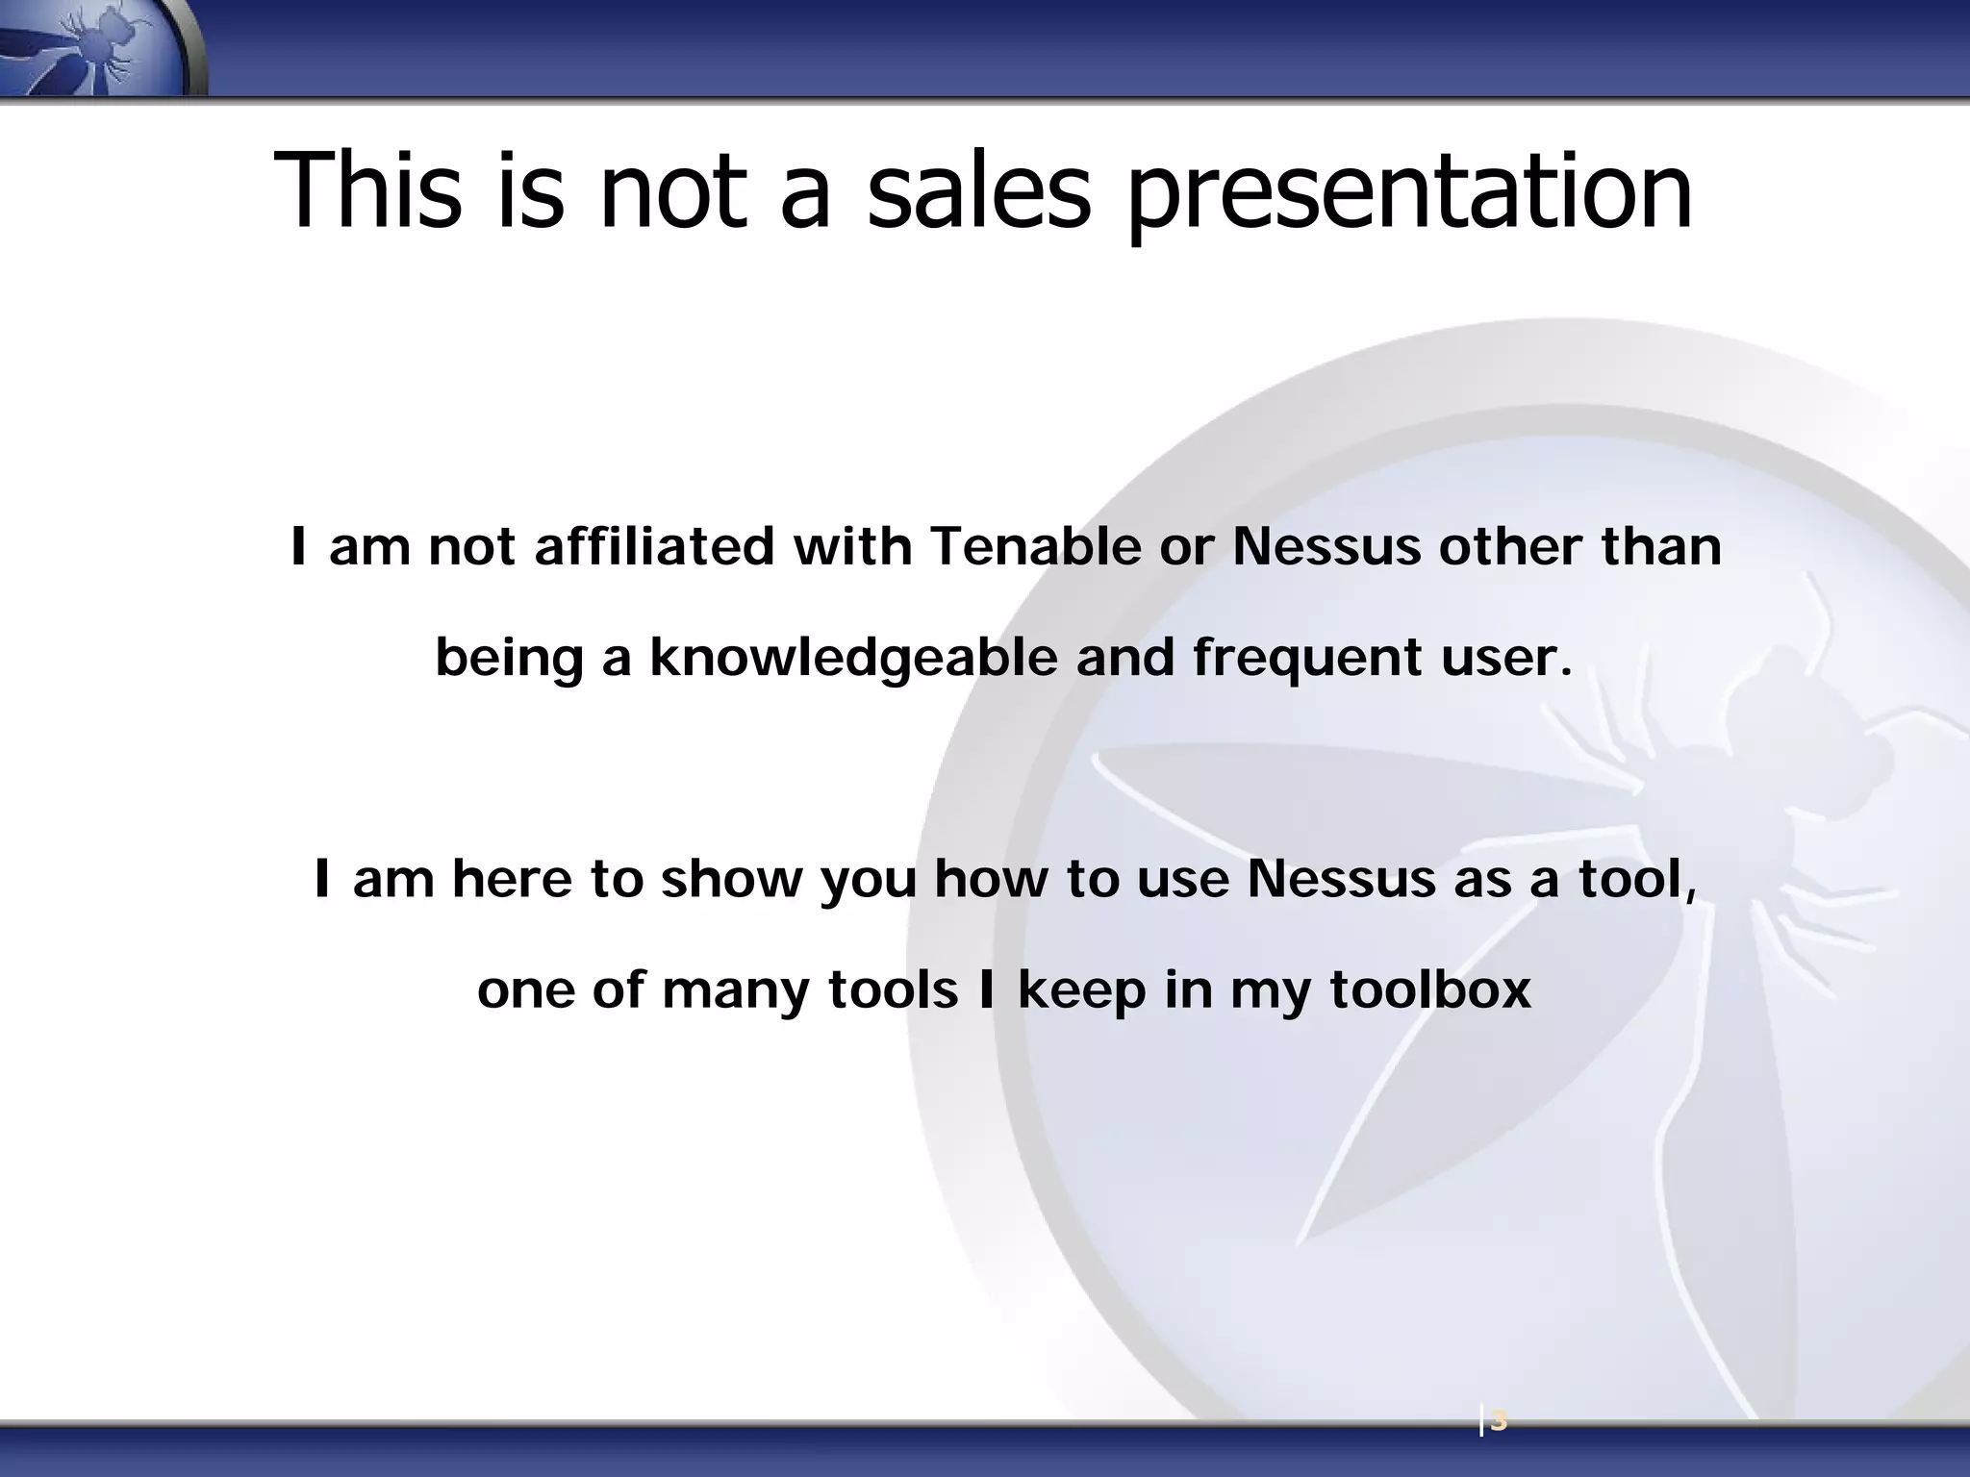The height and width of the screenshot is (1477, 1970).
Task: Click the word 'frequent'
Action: click(x=1307, y=660)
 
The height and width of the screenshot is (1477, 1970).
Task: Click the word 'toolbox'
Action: click(x=1429, y=989)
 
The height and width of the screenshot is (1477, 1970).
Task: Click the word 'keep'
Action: click(x=1081, y=991)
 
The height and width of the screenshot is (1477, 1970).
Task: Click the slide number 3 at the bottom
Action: click(x=1498, y=1421)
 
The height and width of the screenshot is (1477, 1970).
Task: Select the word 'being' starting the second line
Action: click(x=509, y=660)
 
